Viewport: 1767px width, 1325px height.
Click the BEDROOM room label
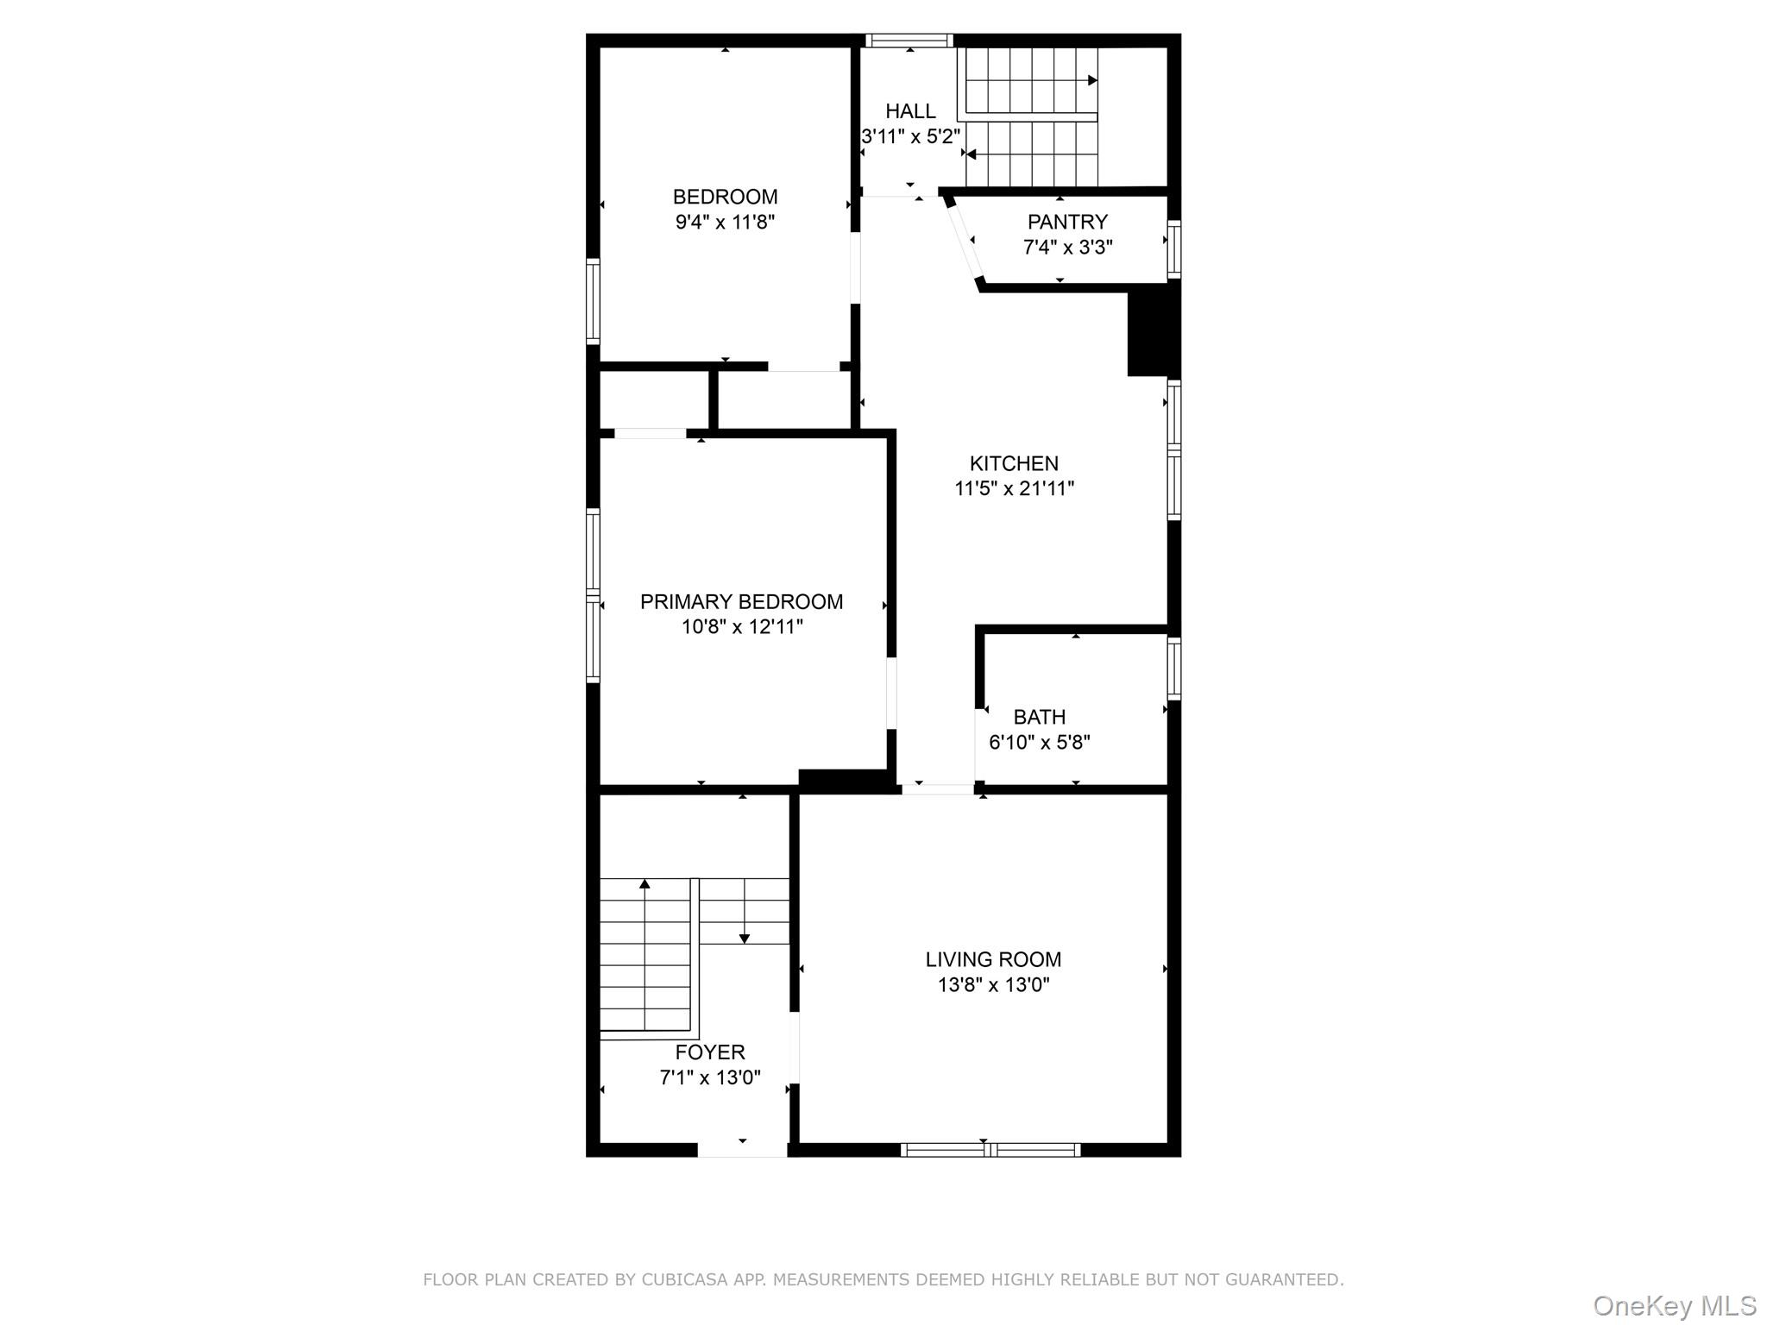click(x=725, y=197)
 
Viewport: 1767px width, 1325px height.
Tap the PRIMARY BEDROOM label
click(x=741, y=601)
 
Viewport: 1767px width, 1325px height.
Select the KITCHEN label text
click(x=1014, y=463)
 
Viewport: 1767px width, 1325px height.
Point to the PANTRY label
click(x=1067, y=222)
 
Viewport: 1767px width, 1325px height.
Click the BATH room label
click(x=1039, y=717)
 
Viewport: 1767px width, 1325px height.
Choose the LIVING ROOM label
click(x=993, y=959)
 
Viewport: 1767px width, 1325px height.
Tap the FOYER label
click(x=710, y=1052)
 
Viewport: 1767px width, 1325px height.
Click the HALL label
click(x=910, y=111)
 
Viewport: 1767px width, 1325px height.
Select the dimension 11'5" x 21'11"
click(x=1014, y=489)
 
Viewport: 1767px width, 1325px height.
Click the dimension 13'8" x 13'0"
click(x=993, y=985)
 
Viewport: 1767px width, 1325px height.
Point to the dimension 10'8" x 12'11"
click(x=742, y=627)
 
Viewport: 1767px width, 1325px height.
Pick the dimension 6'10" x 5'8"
click(x=1039, y=743)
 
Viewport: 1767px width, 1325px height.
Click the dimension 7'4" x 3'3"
click(x=1067, y=248)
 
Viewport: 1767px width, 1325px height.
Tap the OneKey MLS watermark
click(x=1675, y=1306)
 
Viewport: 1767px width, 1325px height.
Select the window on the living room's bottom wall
click(x=990, y=1149)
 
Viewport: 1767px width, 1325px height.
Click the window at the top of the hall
click(x=909, y=41)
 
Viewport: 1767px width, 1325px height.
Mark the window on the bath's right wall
click(x=1174, y=669)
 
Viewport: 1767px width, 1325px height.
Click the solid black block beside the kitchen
click(x=1153, y=333)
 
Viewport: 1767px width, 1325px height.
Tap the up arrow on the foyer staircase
click(x=645, y=884)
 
